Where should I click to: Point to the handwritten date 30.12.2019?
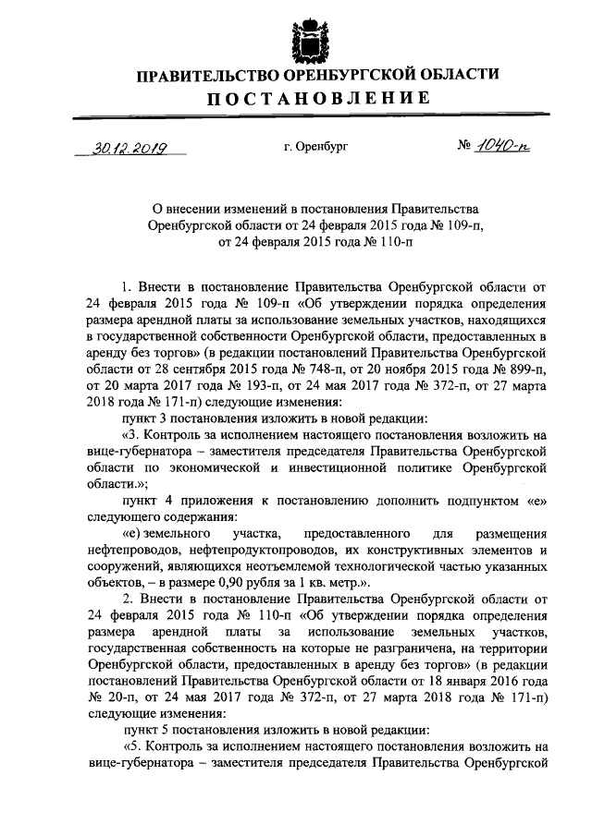[x=122, y=148]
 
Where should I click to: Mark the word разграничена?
[x=364, y=648]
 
